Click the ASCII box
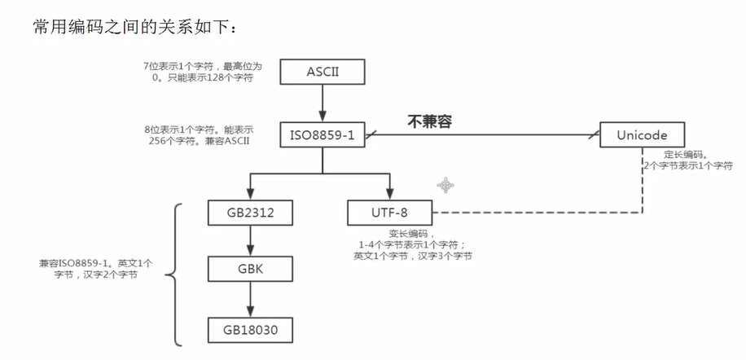[x=323, y=72]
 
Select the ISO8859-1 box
[x=323, y=134]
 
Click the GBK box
[x=248, y=270]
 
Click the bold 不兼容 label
[x=429, y=121]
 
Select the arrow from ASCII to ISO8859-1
[x=323, y=103]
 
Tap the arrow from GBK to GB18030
[x=248, y=299]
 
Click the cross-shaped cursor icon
[x=445, y=186]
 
